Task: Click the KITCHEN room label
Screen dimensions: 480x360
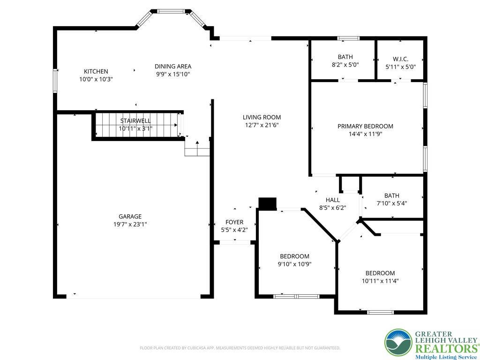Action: tap(96, 71)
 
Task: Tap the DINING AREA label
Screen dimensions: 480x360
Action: tap(173, 66)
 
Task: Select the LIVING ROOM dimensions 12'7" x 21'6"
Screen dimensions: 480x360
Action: tap(262, 125)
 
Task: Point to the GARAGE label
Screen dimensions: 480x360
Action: tap(130, 217)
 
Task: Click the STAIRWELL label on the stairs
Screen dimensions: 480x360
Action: tap(135, 120)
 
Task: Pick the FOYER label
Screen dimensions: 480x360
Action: tap(234, 222)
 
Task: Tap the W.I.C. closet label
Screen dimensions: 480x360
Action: tap(400, 60)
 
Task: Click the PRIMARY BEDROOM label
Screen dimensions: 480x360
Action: tap(365, 126)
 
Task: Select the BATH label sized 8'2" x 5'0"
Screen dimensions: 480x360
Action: tap(345, 57)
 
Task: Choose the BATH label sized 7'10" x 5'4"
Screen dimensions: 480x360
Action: tap(392, 195)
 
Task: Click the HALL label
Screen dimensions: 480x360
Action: tap(332, 200)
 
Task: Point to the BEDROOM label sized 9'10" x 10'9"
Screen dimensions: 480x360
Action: tap(294, 256)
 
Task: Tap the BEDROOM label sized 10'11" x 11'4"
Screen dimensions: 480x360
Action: tap(380, 273)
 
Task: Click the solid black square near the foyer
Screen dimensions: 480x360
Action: tap(268, 203)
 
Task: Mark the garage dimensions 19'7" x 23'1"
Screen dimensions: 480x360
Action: tap(130, 225)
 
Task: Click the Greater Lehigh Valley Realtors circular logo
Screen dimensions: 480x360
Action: tap(398, 343)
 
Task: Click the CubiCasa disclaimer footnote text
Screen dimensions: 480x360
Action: tap(240, 348)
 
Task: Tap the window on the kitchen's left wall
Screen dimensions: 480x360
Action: tap(55, 81)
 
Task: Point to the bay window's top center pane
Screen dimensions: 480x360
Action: tap(171, 11)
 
